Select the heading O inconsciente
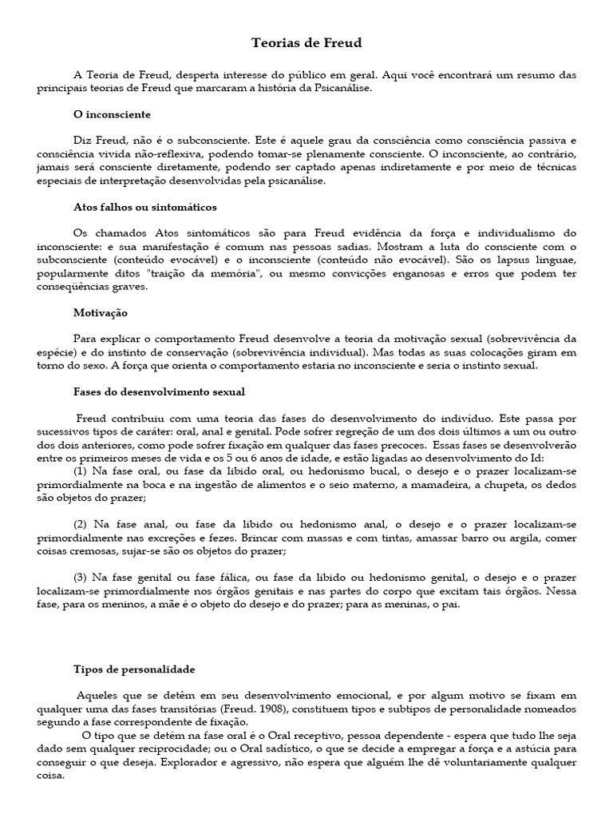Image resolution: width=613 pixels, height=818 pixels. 112,115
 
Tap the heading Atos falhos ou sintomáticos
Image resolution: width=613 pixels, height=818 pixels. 144,207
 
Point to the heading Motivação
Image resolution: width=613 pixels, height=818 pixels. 100,312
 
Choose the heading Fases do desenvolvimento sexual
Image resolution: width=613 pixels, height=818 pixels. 159,391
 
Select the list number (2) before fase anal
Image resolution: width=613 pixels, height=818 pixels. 81,524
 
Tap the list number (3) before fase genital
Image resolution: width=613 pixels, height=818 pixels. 81,577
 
